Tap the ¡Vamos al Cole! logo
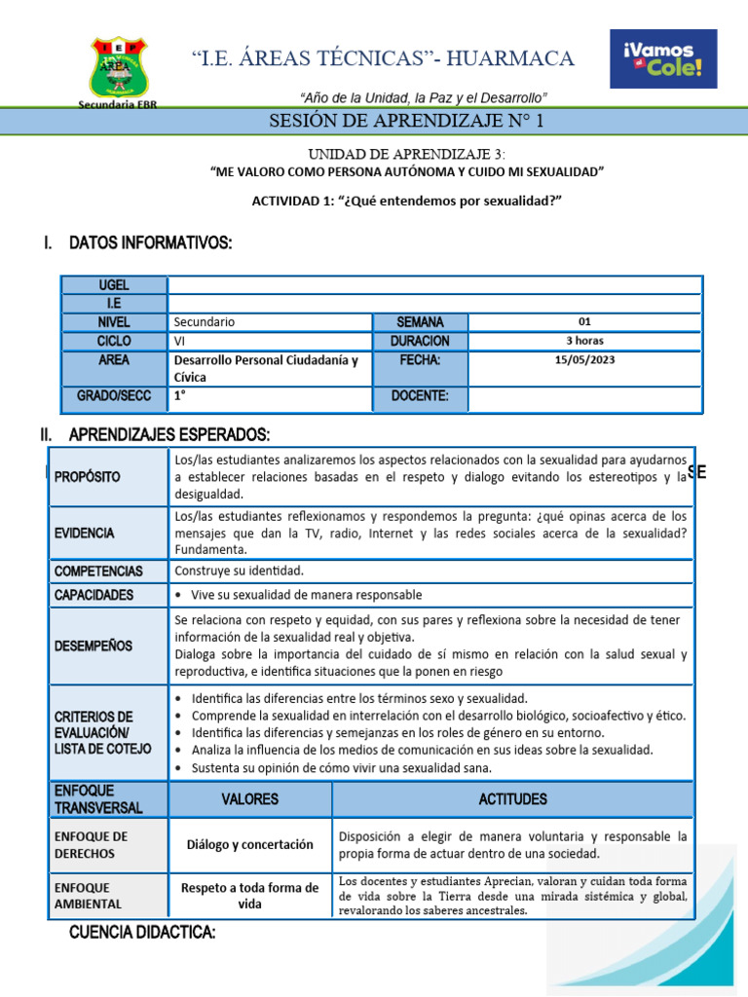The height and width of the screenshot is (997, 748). (x=662, y=58)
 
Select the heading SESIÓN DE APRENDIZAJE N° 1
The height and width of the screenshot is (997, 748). (x=406, y=122)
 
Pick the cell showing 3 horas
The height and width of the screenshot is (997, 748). (x=584, y=341)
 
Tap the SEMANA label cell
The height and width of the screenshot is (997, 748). (x=420, y=322)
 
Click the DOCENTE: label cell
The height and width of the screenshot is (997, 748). (x=420, y=396)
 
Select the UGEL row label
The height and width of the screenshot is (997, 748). (x=113, y=285)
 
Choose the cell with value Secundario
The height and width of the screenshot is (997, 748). (x=205, y=322)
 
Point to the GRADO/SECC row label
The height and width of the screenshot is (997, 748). (x=113, y=396)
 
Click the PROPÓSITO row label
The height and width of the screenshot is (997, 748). (x=88, y=477)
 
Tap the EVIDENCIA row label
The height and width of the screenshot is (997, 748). (x=85, y=534)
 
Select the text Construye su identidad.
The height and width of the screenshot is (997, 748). (x=240, y=571)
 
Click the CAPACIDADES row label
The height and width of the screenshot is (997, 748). (x=94, y=595)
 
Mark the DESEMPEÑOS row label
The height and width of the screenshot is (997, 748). (x=93, y=646)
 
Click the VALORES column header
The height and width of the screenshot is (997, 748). (x=250, y=799)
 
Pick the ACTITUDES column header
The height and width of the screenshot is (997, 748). (x=512, y=799)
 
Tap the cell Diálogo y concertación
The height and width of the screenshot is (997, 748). (x=250, y=844)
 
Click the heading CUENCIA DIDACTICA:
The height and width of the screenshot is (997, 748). (x=141, y=934)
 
